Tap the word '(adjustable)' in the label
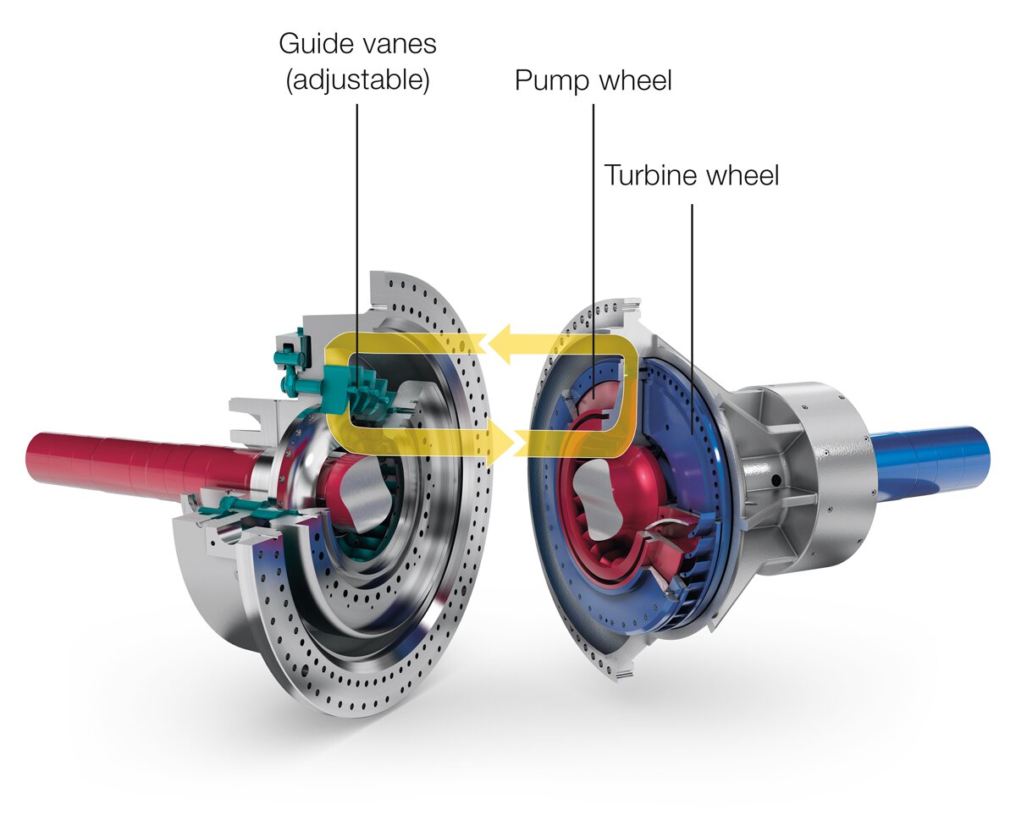(x=358, y=81)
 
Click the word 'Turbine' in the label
(x=652, y=176)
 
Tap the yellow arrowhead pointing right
(x=505, y=441)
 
